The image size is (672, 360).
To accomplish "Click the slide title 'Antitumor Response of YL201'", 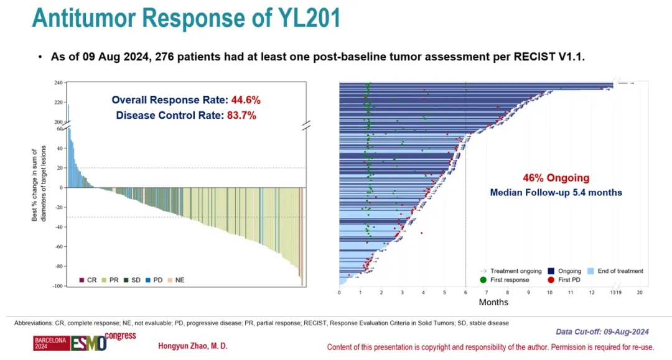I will coord(186,19).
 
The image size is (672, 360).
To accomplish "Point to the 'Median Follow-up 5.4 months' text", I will coord(556,193).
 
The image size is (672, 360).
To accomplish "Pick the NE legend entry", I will coord(175,280).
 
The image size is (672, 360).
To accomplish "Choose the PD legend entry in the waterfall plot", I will coord(154,280).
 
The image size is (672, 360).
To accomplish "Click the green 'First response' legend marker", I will coord(483,280).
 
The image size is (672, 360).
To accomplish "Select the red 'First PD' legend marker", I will coord(551,280).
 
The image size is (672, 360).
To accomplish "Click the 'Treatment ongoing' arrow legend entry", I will coord(510,271).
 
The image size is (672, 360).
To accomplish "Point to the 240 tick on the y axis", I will coord(58,83).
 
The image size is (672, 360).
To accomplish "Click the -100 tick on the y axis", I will coord(57,286).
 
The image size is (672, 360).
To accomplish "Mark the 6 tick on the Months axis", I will coord(466,292).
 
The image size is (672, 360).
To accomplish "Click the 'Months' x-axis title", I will coord(493,303).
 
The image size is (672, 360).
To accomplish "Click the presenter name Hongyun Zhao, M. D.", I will coord(192,346).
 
